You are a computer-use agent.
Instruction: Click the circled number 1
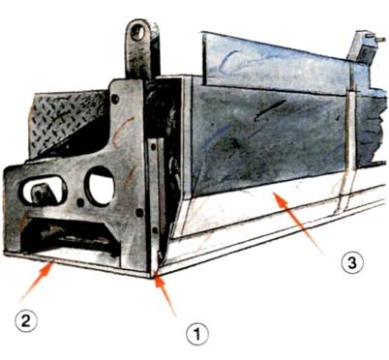(197, 336)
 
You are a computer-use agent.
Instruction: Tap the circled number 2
(26, 321)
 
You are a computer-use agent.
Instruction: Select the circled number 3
(352, 262)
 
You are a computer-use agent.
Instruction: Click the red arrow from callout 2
(37, 282)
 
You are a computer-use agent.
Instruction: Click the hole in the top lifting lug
(138, 33)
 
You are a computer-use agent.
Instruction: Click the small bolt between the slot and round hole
(79, 203)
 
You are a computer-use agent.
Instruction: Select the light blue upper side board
(283, 65)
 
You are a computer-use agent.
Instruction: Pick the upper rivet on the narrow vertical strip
(153, 147)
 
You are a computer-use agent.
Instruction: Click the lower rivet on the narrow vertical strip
(155, 230)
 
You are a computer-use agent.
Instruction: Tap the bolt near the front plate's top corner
(115, 99)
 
